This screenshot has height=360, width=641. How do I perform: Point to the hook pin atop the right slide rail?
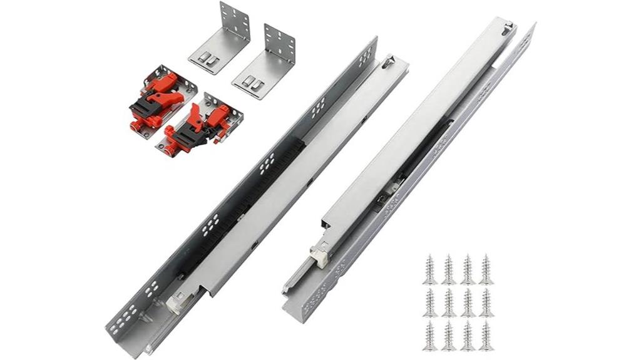pos(508,26)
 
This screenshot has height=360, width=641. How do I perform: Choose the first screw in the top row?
pos(429,269)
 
